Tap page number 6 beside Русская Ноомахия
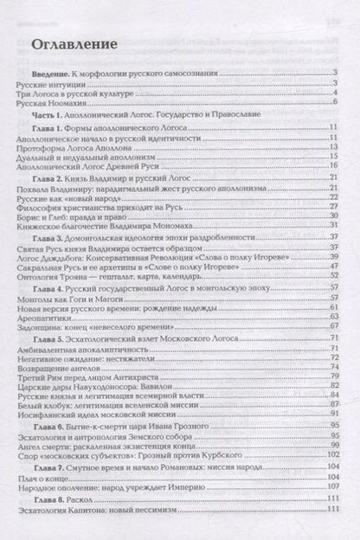pyautogui.click(x=333, y=102)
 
